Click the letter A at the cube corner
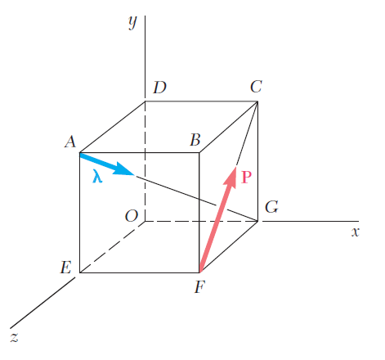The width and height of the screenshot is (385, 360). tap(70, 142)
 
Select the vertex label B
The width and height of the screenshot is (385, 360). tap(195, 140)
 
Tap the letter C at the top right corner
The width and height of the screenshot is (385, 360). tap(256, 87)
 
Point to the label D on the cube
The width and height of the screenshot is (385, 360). tap(159, 88)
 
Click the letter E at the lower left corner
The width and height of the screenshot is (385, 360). tap(66, 268)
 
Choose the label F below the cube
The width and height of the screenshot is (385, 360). tap(199, 287)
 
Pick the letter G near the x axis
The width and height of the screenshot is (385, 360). tap(271, 207)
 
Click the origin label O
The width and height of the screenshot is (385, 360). tap(132, 216)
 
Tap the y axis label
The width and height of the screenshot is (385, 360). tap(133, 22)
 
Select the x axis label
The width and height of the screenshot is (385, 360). tap(356, 232)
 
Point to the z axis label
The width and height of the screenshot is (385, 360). tap(15, 337)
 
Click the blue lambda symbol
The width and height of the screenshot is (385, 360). tap(97, 176)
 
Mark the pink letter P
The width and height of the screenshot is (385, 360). tap(246, 178)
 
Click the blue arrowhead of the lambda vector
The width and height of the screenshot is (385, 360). tap(124, 169)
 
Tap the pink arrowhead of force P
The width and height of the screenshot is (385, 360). tap(231, 177)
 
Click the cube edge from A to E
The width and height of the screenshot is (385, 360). tap(79, 213)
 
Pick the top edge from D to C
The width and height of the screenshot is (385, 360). tap(201, 101)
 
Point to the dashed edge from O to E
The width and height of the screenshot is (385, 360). tap(112, 247)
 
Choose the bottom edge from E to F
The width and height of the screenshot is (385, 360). tap(140, 272)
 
